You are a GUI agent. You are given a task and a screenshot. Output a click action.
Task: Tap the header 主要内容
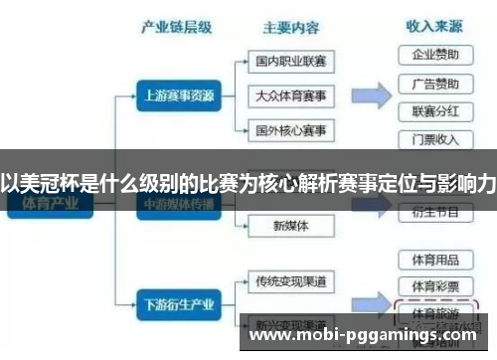tap(291, 27)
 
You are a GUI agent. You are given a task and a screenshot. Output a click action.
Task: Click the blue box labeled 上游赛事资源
tap(174, 96)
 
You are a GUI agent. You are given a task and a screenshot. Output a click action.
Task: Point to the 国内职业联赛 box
tap(291, 62)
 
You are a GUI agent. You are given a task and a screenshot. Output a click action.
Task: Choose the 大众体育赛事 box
tap(291, 96)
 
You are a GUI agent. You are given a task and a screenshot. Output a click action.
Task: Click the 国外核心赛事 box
tap(291, 130)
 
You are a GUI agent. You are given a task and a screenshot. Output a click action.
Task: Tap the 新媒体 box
tap(291, 225)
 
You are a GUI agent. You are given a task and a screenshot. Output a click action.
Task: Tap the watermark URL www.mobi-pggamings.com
tap(362, 335)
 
